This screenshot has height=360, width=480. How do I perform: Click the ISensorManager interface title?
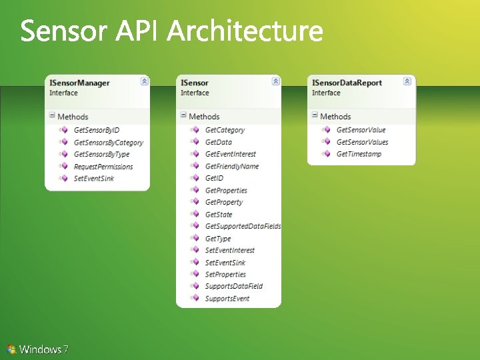79,83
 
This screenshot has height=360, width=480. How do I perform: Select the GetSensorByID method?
96,130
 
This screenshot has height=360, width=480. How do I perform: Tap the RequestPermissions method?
103,167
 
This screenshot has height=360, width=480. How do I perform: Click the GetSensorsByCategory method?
108,143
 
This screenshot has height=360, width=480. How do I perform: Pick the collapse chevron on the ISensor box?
276,81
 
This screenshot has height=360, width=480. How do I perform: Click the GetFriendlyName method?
231,166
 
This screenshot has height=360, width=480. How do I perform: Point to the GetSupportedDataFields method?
243,226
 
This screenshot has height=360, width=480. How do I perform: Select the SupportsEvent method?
227,298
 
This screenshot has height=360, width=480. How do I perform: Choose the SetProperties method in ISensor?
225,274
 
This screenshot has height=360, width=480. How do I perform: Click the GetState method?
219,214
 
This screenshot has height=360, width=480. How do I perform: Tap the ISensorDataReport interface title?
347,83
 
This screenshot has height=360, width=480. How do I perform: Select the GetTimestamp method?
359,154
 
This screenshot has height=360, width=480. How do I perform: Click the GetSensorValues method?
362,142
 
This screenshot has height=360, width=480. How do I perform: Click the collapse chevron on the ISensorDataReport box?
407,81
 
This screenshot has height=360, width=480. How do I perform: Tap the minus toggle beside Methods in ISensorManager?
51,116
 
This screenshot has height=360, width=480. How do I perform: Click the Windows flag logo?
11,349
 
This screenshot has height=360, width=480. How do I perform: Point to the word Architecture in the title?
245,31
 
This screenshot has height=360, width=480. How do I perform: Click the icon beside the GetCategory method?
195,130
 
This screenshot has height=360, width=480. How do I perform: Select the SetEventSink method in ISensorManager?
93,179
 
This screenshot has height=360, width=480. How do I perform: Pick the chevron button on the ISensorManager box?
145,81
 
